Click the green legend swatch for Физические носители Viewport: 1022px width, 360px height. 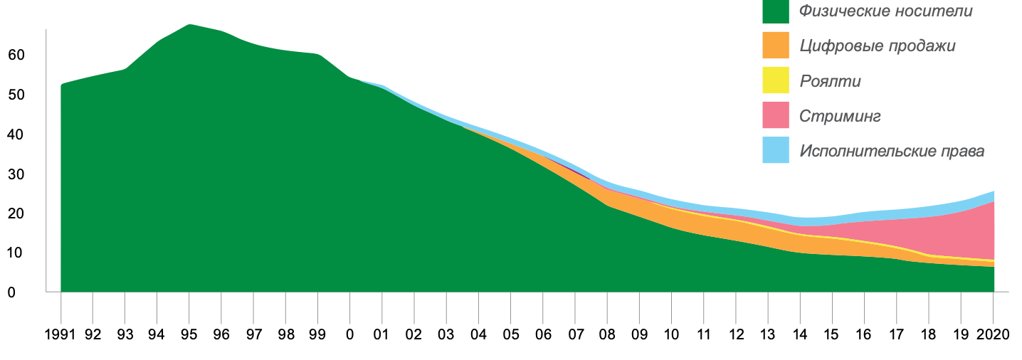pos(776,11)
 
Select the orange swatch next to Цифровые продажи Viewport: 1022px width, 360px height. pos(776,46)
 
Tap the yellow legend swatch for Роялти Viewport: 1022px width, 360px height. pos(776,80)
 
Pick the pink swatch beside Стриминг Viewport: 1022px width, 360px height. pos(776,115)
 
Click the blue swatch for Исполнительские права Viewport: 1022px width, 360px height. pos(776,150)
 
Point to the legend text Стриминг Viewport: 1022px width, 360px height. pos(840,116)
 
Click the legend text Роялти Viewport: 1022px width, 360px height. pos(830,81)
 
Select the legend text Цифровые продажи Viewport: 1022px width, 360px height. pos(877,46)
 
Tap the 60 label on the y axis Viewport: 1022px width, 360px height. pos(16,55)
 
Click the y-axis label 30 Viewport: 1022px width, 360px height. pos(16,174)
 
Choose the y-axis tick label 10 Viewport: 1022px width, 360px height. pos(16,253)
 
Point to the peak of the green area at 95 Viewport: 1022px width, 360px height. pos(189,26)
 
